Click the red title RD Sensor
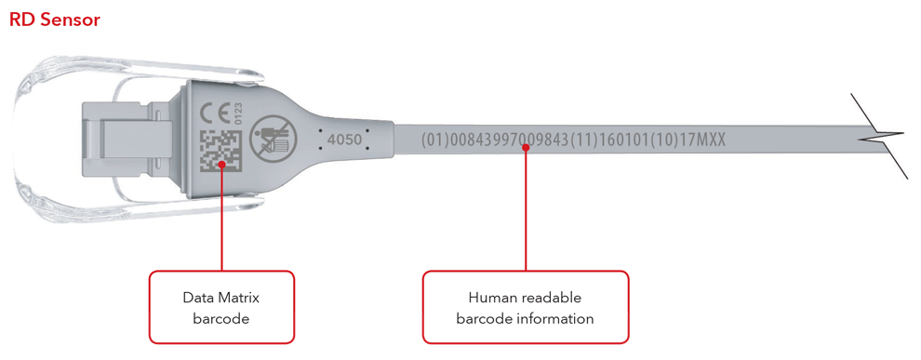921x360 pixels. pyautogui.click(x=54, y=19)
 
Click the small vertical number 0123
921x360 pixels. pyautogui.click(x=238, y=113)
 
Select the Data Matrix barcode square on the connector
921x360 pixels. pyautogui.click(x=221, y=148)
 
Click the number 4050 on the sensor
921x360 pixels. pyautogui.click(x=343, y=138)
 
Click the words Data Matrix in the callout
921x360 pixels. pyautogui.click(x=220, y=298)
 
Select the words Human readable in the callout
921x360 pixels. pyautogui.click(x=525, y=298)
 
